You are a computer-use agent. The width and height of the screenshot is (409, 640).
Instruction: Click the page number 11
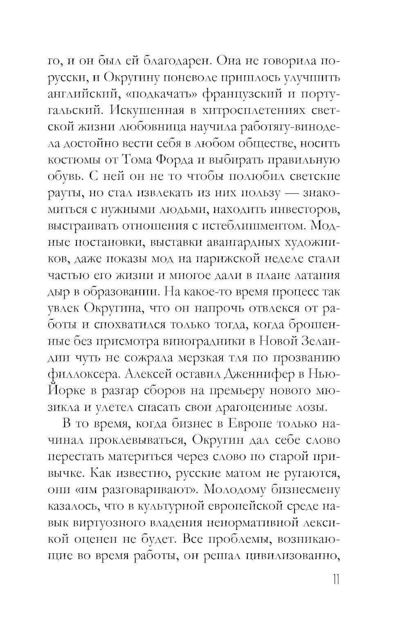[335, 580]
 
